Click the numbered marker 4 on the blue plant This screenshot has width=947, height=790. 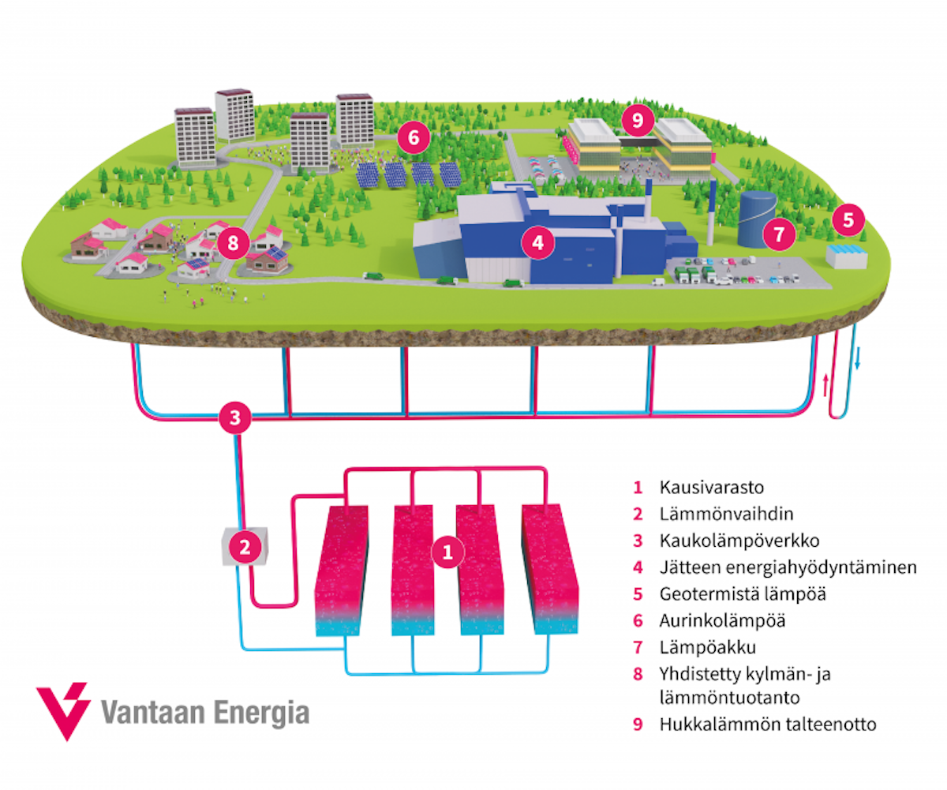pyautogui.click(x=537, y=243)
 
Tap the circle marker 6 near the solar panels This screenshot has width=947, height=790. pyautogui.click(x=414, y=138)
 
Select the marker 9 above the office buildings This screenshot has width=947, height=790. pyautogui.click(x=638, y=121)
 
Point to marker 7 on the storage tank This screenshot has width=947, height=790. pyautogui.click(x=778, y=234)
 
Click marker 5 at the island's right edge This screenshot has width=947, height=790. pyautogui.click(x=848, y=220)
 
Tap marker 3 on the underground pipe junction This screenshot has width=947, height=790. pyautogui.click(x=234, y=417)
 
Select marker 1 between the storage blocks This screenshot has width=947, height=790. pyautogui.click(x=448, y=552)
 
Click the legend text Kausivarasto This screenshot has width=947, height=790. pyautogui.click(x=702, y=486)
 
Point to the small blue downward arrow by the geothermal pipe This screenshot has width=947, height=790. pyautogui.click(x=857, y=362)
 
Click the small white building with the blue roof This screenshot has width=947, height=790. pyautogui.click(x=847, y=256)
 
